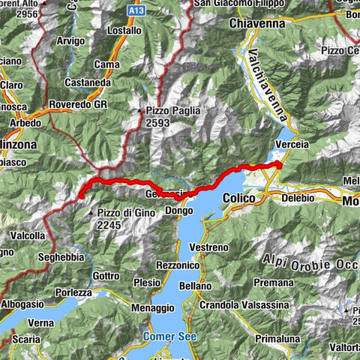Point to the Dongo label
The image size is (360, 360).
[x=178, y=211]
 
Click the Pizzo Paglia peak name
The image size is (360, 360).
[x=172, y=109]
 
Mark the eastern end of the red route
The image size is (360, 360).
[x=279, y=163]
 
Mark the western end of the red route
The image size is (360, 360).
[x=80, y=196]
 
